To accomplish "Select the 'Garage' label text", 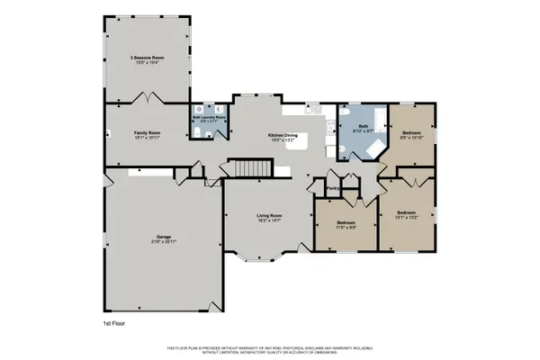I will click(164, 237).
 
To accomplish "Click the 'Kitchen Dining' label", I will click(283, 135).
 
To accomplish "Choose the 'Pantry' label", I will click(332, 188).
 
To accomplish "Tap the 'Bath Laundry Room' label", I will click(209, 116).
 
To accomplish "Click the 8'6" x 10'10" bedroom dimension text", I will click(410, 138).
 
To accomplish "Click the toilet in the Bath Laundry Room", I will click(197, 133).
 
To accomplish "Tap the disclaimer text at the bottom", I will click(270, 349).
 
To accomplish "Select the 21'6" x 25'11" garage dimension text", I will click(164, 242).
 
